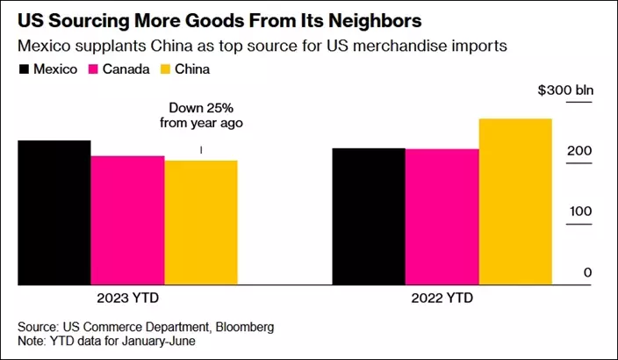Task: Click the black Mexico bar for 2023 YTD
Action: [54, 212]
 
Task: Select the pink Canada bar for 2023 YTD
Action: [127, 220]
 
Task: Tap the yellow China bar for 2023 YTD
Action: [201, 222]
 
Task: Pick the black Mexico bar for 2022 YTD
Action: [368, 216]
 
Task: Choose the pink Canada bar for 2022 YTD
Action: [442, 216]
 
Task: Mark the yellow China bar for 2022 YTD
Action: [515, 201]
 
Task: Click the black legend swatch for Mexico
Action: [24, 68]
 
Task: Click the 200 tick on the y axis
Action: [580, 152]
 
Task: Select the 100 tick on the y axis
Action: [580, 212]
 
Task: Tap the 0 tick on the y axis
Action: [588, 273]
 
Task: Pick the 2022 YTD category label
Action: [442, 297]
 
